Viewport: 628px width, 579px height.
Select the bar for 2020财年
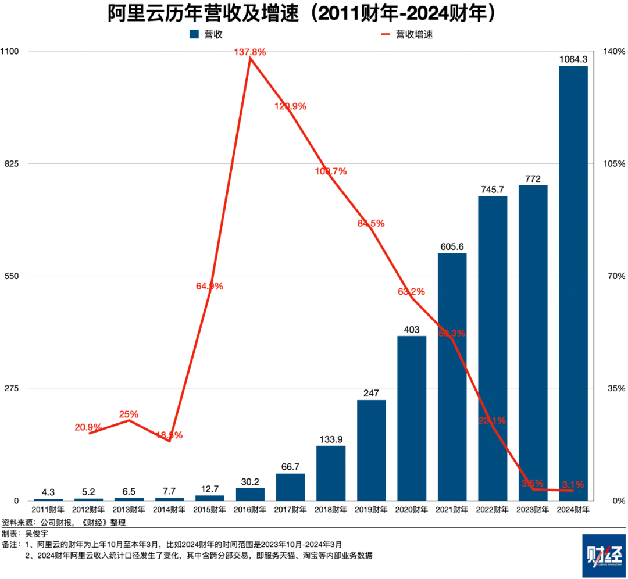click(412, 418)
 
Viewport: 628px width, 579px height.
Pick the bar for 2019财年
click(372, 450)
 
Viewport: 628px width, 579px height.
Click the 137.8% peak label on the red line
click(250, 52)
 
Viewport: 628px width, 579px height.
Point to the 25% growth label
click(129, 414)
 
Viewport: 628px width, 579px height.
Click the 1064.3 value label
click(573, 59)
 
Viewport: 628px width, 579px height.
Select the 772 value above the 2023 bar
click(533, 178)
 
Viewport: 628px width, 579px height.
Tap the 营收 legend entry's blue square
click(194, 35)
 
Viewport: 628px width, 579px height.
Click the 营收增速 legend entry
click(414, 35)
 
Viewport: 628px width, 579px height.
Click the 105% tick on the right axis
click(614, 163)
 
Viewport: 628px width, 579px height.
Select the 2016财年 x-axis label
click(250, 510)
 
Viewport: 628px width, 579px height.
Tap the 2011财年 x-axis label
click(48, 510)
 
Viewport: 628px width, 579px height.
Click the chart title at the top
click(302, 14)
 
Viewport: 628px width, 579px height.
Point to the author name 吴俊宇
click(37, 533)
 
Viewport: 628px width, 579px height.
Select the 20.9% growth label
click(88, 427)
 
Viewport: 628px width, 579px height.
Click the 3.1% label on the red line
click(573, 484)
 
